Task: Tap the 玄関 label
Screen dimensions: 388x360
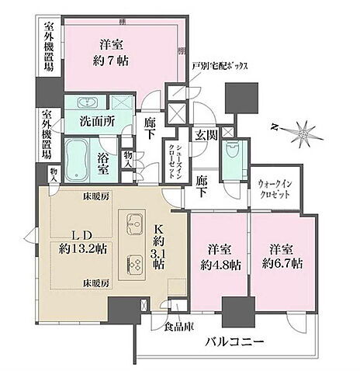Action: pyautogui.click(x=205, y=133)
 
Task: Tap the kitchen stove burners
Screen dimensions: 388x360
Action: pyautogui.click(x=135, y=265)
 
